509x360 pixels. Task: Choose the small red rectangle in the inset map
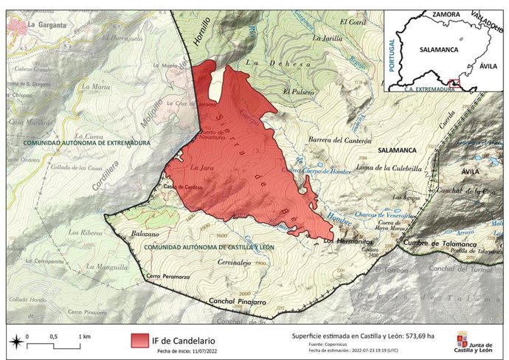point(455,83)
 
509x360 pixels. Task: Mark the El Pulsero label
point(298,91)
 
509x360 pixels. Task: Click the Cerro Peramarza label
point(164,276)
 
